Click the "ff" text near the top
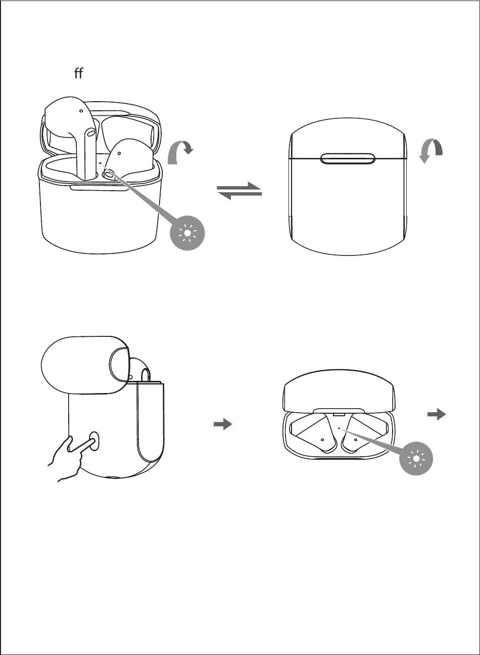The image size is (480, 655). [x=79, y=73]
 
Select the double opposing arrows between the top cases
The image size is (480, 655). [x=239, y=191]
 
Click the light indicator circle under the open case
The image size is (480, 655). [x=187, y=233]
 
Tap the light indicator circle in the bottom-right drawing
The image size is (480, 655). [x=416, y=458]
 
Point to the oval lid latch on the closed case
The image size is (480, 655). [x=348, y=158]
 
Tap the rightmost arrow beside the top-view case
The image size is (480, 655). [x=437, y=414]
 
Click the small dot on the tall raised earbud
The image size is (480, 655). [x=81, y=111]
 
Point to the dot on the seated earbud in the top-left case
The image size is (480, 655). [x=119, y=153]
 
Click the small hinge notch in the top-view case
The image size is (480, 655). [x=339, y=415]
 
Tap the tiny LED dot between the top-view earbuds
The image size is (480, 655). [x=339, y=428]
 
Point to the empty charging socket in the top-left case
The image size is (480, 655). [x=109, y=176]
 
